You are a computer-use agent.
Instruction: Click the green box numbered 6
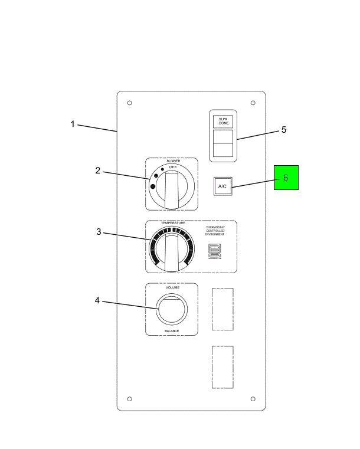[x=286, y=178]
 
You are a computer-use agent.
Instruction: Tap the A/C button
[x=222, y=186]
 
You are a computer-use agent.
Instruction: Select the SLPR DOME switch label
[x=223, y=121]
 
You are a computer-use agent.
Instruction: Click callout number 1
[x=73, y=124]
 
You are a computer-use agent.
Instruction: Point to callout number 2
[x=98, y=171]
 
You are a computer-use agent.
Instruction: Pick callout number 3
[x=99, y=232]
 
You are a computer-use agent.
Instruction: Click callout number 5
[x=283, y=130]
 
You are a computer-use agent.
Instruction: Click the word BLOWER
[x=173, y=160]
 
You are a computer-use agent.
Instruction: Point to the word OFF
[x=173, y=168]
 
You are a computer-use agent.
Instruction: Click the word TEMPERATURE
[x=173, y=223]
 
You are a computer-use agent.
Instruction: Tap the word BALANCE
[x=172, y=331]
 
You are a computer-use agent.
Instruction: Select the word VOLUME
[x=172, y=287]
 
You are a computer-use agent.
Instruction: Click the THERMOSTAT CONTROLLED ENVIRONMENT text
[x=215, y=231]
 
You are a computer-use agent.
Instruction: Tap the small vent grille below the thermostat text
[x=214, y=252]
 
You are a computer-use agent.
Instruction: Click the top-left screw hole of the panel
[x=129, y=103]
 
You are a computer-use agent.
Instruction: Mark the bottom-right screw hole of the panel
[x=253, y=399]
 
